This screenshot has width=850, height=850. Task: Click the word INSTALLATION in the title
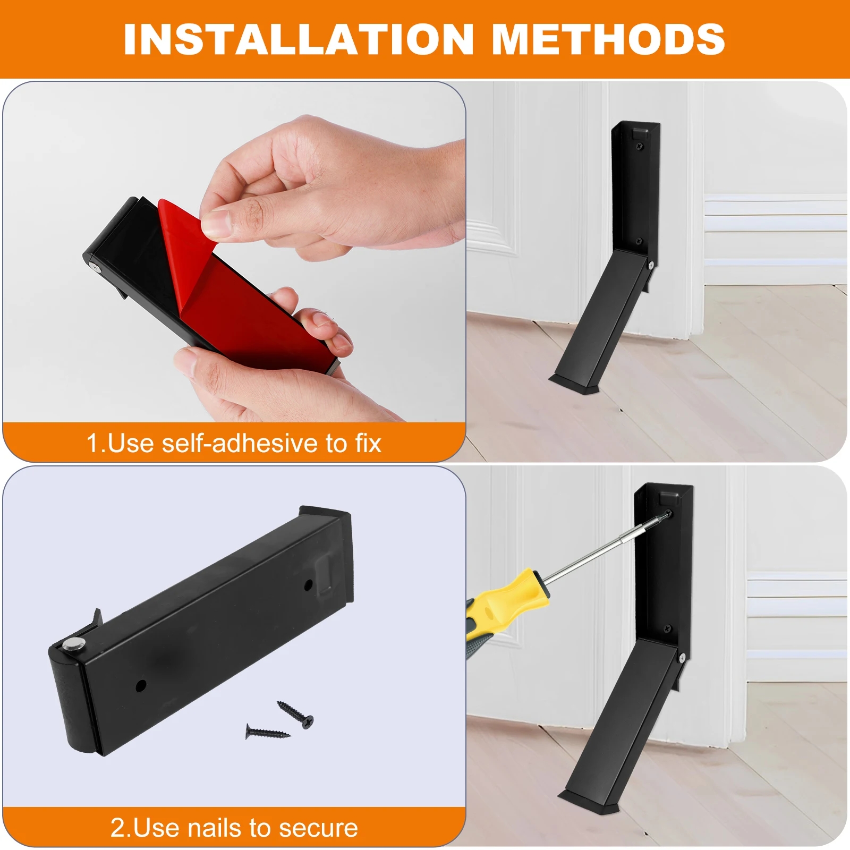298,39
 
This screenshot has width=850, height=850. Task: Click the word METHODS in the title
608,39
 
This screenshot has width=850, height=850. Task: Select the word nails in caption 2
215,828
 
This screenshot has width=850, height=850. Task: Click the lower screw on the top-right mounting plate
639,241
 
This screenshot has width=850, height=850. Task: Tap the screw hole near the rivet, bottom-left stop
141,685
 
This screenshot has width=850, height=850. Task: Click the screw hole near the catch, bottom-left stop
308,586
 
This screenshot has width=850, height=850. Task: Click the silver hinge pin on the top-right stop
650,264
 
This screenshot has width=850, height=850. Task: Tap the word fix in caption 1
368,443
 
